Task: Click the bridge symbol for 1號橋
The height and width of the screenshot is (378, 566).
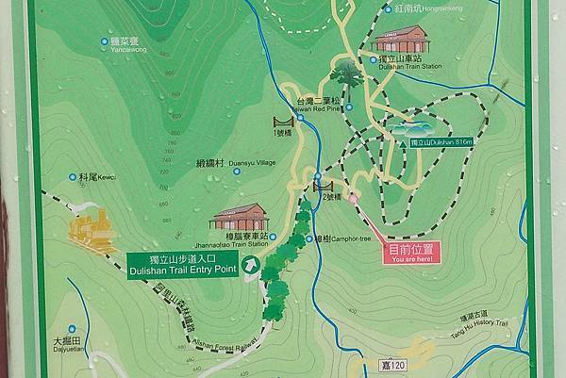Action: pos(280,122)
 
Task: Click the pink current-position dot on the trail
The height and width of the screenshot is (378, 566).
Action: pos(353,199)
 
